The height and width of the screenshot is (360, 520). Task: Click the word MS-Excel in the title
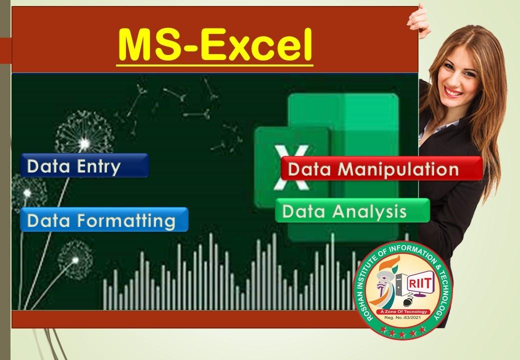[x=215, y=45]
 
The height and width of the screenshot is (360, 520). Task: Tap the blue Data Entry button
[x=84, y=165]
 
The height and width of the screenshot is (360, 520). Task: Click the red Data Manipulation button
[x=381, y=168]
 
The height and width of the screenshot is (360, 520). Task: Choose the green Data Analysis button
[x=352, y=210]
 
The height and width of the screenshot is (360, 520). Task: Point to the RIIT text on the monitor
[x=420, y=283]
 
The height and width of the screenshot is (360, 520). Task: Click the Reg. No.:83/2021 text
[x=402, y=317]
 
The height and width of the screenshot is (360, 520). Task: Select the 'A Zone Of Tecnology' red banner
[x=403, y=311]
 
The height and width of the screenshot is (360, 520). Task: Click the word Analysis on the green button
[x=369, y=211]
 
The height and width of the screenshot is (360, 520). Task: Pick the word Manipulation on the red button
[x=398, y=169]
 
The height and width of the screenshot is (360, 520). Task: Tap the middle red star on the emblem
[x=402, y=333]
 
